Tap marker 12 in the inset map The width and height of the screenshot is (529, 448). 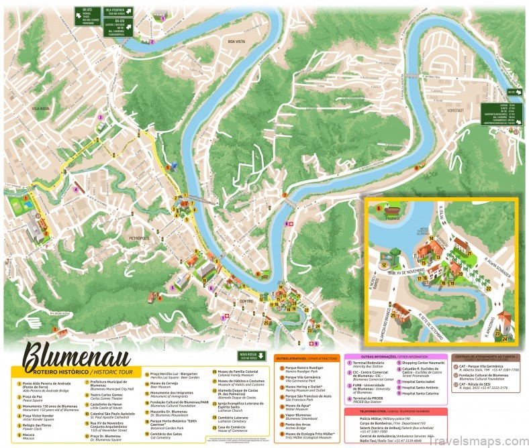(x=383, y=265)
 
